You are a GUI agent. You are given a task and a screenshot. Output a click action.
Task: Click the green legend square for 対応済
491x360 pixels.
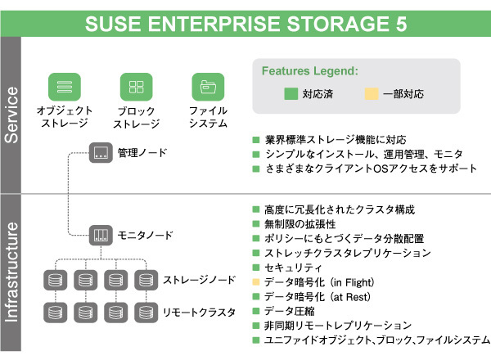(x=289, y=94)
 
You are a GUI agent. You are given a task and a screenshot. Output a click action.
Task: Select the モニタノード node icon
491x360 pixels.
(x=100, y=235)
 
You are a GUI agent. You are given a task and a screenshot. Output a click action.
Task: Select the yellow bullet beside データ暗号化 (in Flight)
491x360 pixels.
(x=255, y=282)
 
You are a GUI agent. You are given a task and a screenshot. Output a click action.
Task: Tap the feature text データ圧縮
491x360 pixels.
(x=286, y=311)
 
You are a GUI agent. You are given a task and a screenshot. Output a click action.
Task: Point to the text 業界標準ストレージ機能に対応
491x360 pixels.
(x=335, y=139)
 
